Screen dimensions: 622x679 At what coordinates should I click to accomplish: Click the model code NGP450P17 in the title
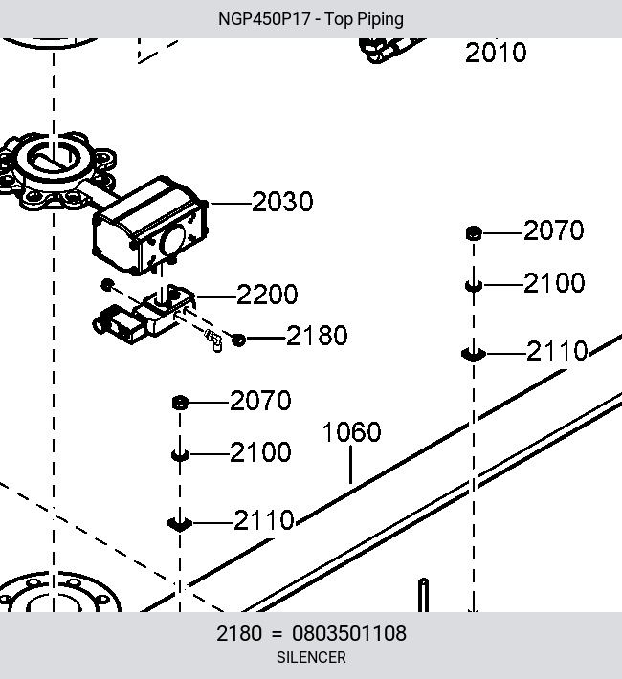tap(264, 19)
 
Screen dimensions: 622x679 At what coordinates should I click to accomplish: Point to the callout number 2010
tap(496, 53)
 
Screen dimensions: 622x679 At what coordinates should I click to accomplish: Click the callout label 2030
tap(282, 202)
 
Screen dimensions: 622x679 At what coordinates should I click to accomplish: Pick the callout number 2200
tap(267, 295)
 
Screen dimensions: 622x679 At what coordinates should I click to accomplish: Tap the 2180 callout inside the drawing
tap(317, 336)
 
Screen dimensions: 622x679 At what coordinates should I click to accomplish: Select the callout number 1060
tap(351, 431)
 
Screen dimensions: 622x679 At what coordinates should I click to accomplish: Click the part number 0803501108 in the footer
tap(349, 633)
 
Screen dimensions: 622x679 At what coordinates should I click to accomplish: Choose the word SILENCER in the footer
tap(311, 657)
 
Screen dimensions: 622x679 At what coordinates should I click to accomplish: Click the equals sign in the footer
tap(277, 634)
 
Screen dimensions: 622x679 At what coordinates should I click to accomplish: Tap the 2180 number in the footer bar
tap(239, 633)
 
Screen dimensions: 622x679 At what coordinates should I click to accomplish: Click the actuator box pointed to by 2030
tap(150, 225)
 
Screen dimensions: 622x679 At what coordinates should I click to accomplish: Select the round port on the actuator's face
tap(173, 241)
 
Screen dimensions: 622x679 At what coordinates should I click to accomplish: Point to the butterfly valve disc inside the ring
tap(53, 161)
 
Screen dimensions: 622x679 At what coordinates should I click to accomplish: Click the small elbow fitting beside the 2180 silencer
tap(213, 340)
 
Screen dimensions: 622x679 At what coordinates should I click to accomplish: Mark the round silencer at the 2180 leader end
tap(239, 339)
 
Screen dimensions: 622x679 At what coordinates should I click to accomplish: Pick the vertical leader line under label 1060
tap(350, 464)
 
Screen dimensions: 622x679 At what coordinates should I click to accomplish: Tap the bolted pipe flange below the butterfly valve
tap(59, 592)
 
